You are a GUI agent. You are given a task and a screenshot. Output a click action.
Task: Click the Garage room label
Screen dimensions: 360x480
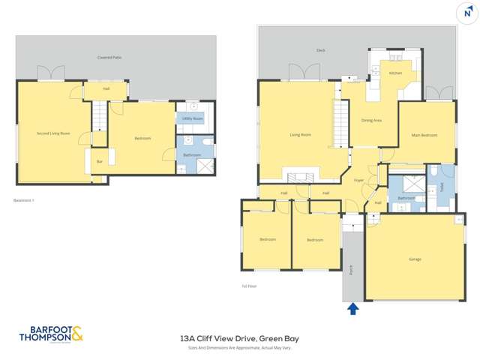(415, 259)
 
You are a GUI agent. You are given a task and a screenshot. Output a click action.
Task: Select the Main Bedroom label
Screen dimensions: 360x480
(426, 135)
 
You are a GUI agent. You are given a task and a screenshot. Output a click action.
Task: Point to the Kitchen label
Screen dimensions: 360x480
(395, 73)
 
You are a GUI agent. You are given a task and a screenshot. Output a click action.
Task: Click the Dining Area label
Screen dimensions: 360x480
(372, 120)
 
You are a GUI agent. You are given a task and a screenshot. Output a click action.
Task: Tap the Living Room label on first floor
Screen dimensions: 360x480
(301, 135)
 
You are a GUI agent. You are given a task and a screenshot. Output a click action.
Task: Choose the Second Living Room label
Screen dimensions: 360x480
(53, 133)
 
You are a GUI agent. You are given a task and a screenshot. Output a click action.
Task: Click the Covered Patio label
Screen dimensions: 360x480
(109, 57)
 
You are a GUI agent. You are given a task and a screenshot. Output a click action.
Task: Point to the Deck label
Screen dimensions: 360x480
(320, 52)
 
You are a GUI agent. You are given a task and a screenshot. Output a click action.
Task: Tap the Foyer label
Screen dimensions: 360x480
(358, 180)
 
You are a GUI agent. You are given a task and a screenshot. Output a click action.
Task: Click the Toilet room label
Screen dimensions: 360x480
(442, 187)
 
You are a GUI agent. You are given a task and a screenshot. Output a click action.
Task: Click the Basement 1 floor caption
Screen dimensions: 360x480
(25, 200)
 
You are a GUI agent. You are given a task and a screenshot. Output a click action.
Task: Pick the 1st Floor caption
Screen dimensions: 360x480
(250, 285)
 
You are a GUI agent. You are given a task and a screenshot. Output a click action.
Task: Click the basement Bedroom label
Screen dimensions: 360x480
(142, 138)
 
